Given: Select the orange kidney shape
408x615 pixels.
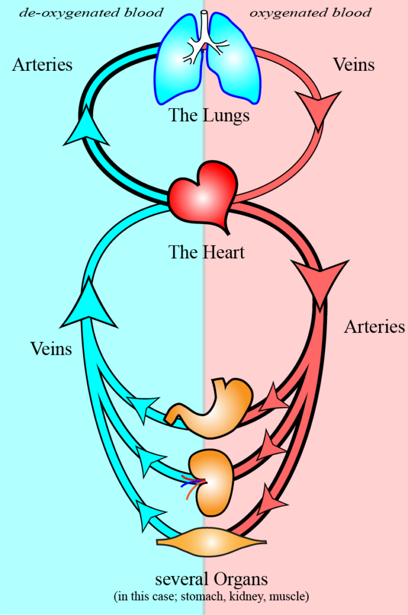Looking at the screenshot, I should [210, 481].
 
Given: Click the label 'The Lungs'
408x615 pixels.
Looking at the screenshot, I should [209, 115].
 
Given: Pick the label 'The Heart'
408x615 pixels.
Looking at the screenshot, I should [207, 252].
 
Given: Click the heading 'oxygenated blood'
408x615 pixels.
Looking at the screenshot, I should [310, 12].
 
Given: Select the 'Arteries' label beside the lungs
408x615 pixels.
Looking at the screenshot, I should [42, 64].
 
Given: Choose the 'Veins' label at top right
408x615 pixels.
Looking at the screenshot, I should [355, 64].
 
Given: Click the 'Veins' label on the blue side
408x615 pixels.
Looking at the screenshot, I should [51, 348].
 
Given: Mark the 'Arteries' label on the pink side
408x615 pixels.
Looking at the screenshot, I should [374, 327].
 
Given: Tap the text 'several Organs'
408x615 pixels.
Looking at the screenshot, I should [211, 580].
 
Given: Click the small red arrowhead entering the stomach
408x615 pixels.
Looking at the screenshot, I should [276, 396].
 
